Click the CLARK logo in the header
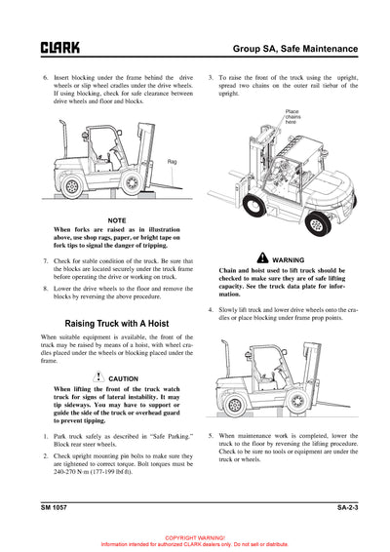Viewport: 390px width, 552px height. [59, 47]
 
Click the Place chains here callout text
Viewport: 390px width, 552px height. [292, 117]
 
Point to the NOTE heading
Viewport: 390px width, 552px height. [116, 220]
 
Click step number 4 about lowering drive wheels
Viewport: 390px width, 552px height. [212, 310]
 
